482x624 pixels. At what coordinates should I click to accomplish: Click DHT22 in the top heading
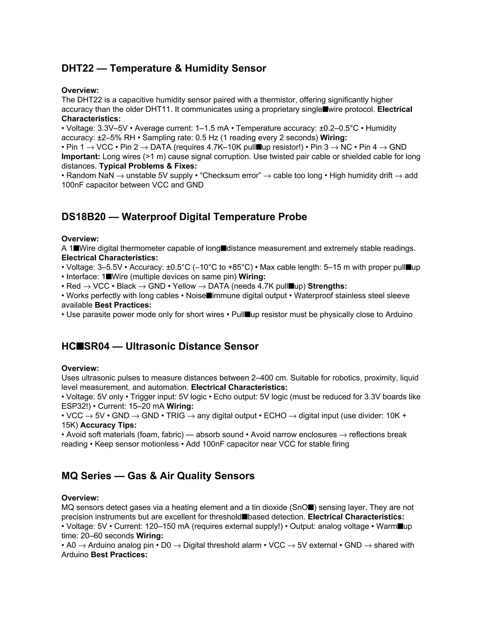pyautogui.click(x=77, y=69)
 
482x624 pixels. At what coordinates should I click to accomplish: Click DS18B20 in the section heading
pyautogui.click(x=83, y=217)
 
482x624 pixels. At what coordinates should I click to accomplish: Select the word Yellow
pyautogui.click(x=184, y=286)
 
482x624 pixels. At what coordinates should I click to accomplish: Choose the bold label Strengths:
pyautogui.click(x=327, y=286)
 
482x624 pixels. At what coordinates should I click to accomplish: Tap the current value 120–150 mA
pyautogui.click(x=167, y=527)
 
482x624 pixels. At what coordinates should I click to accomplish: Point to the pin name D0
pyautogui.click(x=166, y=545)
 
